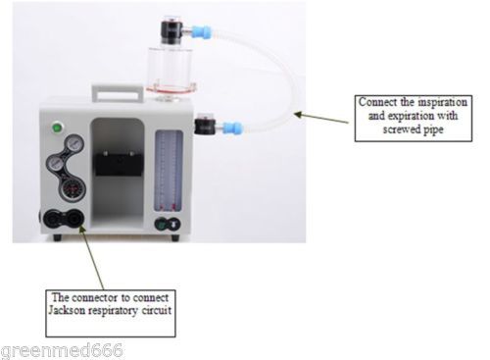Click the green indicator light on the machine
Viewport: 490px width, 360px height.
click(58, 128)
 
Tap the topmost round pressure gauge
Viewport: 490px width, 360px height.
click(74, 144)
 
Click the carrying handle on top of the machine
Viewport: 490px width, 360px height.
click(118, 93)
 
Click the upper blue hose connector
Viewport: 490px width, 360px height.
click(201, 32)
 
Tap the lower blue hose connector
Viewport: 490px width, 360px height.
click(233, 127)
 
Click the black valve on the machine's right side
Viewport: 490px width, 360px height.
click(205, 125)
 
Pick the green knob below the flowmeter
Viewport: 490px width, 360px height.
click(161, 225)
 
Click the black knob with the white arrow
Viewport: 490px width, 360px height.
click(174, 224)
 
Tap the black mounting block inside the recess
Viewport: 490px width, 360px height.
click(119, 163)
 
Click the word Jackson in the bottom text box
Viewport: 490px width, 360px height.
click(67, 310)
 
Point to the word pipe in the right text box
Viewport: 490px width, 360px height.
click(434, 130)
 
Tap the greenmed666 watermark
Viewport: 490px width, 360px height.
click(62, 351)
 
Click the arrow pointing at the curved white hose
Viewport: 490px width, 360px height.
click(321, 118)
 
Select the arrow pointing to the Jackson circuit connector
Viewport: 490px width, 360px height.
click(91, 257)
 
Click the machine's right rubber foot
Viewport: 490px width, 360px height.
click(175, 237)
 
